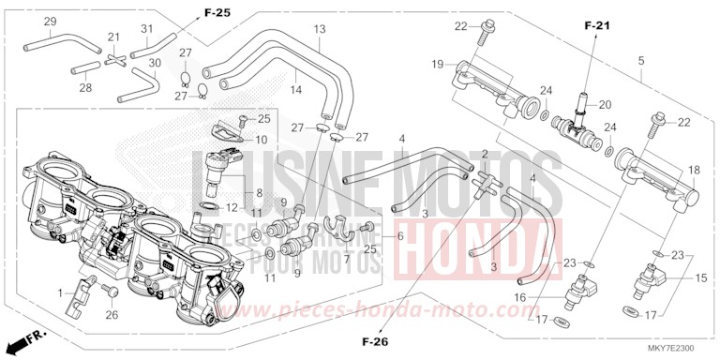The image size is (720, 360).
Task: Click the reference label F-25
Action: tap(217, 12)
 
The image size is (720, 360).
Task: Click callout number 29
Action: tap(25, 22)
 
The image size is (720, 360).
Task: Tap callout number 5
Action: tap(641, 62)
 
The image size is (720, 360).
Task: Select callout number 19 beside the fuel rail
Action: tap(438, 64)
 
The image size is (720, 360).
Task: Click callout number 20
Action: tap(605, 104)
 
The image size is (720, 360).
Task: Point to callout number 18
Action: tap(695, 171)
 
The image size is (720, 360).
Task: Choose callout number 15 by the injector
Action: tap(699, 279)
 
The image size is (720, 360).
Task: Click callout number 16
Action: tap(545, 297)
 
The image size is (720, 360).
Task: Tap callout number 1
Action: tap(62, 293)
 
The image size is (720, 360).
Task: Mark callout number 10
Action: tap(261, 140)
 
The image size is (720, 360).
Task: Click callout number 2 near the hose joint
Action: tap(484, 153)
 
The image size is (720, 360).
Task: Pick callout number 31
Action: tap(145, 29)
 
